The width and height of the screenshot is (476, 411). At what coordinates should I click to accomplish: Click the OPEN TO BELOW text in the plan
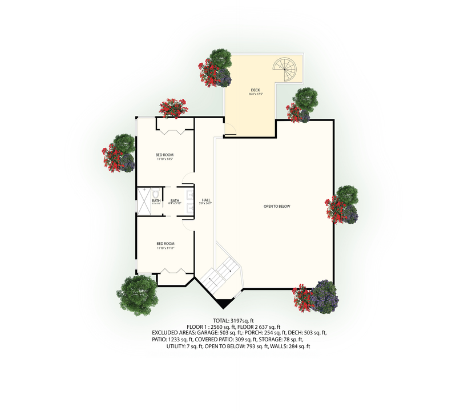click(x=276, y=206)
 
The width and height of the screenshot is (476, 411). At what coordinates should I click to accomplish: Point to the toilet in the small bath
click(x=155, y=195)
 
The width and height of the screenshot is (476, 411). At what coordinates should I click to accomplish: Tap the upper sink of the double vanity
click(x=189, y=192)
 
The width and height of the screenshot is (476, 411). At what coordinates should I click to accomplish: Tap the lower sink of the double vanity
click(x=189, y=208)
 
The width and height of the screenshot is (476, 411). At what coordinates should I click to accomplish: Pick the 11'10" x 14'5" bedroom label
click(x=164, y=156)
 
